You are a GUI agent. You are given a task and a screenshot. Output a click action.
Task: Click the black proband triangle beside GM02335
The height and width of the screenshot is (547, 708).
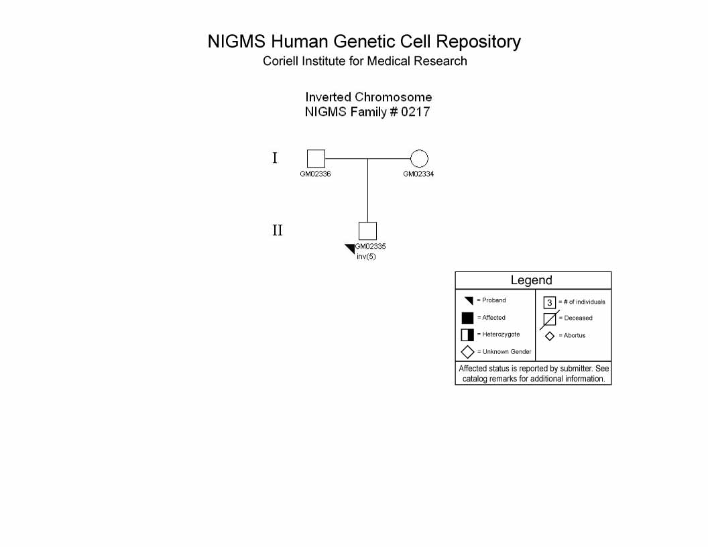[351, 248]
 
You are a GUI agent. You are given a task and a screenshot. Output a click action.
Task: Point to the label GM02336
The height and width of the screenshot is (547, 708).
[315, 174]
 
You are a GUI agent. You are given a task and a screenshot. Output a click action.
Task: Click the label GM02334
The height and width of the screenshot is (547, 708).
[418, 174]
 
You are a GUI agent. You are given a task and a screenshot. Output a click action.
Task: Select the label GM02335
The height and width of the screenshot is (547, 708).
[370, 247]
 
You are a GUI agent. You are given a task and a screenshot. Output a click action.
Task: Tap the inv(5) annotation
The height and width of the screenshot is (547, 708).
[366, 256]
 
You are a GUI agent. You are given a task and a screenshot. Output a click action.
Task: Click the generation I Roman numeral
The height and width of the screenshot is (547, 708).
[274, 158]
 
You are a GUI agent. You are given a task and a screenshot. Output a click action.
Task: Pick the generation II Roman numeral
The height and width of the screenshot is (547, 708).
[278, 231]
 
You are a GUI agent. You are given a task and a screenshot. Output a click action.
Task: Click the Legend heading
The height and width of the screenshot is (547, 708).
[532, 280]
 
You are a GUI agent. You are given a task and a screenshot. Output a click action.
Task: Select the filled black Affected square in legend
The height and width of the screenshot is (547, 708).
[468, 318]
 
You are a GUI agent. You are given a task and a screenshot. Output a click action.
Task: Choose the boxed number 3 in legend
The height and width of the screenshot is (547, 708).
[550, 302]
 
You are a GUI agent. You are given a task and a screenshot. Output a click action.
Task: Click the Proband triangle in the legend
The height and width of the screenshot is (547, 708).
[469, 300]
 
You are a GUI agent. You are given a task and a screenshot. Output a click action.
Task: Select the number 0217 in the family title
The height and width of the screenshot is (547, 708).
[416, 112]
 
